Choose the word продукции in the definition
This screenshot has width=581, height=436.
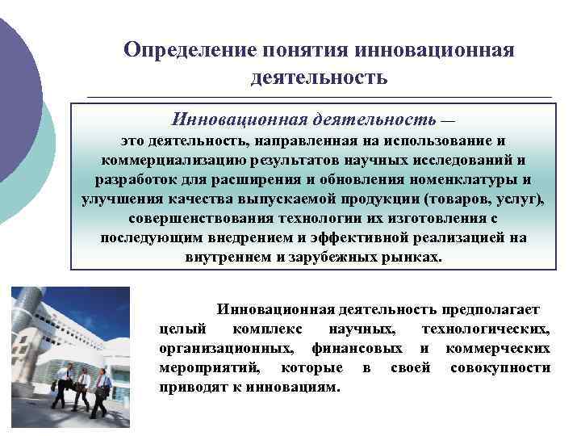366,199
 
